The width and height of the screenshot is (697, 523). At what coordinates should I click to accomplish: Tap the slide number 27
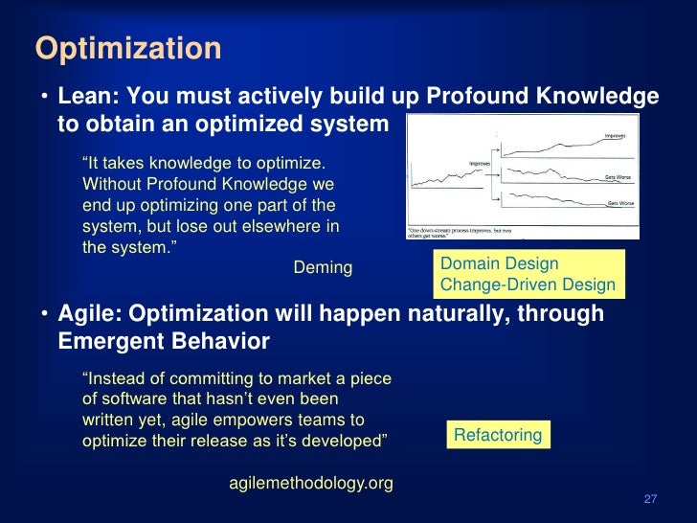[650, 500]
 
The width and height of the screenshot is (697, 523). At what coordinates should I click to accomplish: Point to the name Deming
[323, 268]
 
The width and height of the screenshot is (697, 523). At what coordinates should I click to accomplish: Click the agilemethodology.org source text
[311, 483]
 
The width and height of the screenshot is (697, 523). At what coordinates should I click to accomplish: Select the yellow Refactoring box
[497, 435]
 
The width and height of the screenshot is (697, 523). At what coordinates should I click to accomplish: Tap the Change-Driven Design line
[528, 285]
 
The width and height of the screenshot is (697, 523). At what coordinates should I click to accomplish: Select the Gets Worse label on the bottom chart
[619, 203]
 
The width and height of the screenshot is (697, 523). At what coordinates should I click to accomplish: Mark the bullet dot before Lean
[44, 99]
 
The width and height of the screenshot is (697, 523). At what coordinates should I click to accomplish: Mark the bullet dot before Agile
[44, 315]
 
